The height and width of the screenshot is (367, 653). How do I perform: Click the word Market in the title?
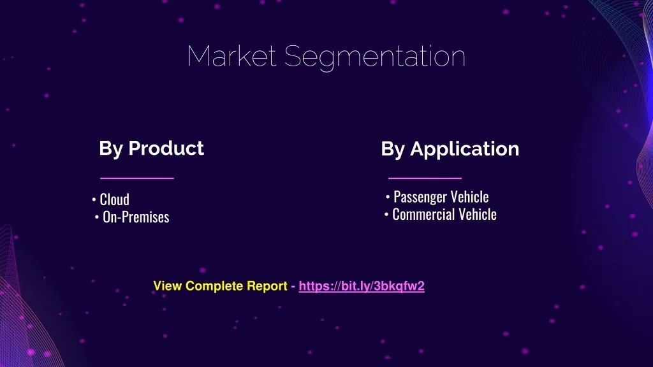click(231, 56)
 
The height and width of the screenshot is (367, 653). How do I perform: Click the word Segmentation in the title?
click(375, 57)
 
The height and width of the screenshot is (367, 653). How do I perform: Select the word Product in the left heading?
click(166, 148)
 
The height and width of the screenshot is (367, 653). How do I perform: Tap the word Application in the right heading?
click(465, 149)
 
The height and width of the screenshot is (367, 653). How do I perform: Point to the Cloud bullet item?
click(115, 199)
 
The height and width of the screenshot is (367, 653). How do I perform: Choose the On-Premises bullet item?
click(136, 217)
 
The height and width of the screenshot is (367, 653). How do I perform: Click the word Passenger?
click(420, 197)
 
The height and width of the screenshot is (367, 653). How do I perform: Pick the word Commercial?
click(423, 214)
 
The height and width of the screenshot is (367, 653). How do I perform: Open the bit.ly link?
click(362, 286)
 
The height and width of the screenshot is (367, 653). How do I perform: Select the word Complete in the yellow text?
click(214, 286)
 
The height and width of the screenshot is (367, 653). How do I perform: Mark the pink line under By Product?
click(137, 178)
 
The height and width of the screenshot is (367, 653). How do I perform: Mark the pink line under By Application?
click(425, 178)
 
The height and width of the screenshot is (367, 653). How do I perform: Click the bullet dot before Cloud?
click(94, 200)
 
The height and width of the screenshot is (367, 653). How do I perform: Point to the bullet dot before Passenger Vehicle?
click(388, 198)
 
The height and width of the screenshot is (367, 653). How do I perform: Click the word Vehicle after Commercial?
click(477, 214)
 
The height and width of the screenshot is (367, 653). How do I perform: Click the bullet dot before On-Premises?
click(97, 217)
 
